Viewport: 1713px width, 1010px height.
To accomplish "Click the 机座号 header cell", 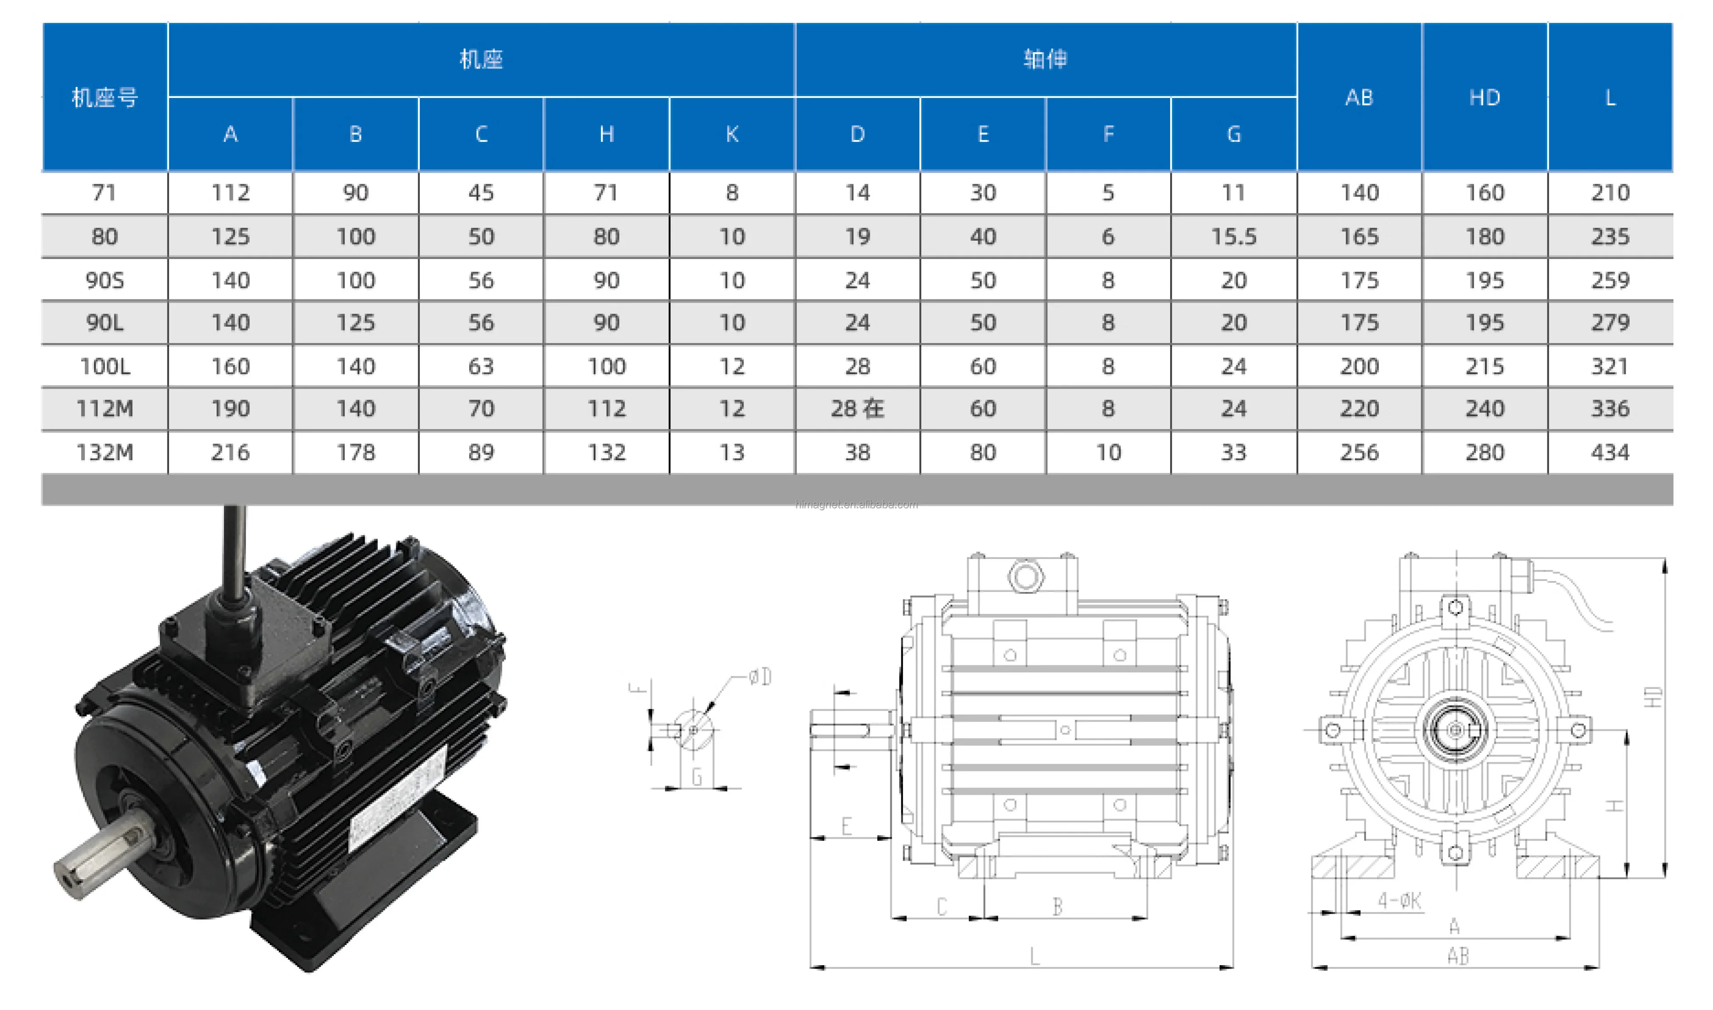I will (x=105, y=97).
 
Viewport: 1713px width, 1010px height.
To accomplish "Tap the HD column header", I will (x=1484, y=97).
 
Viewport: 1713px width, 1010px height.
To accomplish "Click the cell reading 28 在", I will (x=857, y=408).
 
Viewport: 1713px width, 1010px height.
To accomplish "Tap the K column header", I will (x=732, y=134).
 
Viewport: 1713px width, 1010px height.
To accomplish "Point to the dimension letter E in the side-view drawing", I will (x=846, y=826).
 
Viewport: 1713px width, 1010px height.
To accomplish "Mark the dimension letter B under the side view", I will (x=1057, y=906).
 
